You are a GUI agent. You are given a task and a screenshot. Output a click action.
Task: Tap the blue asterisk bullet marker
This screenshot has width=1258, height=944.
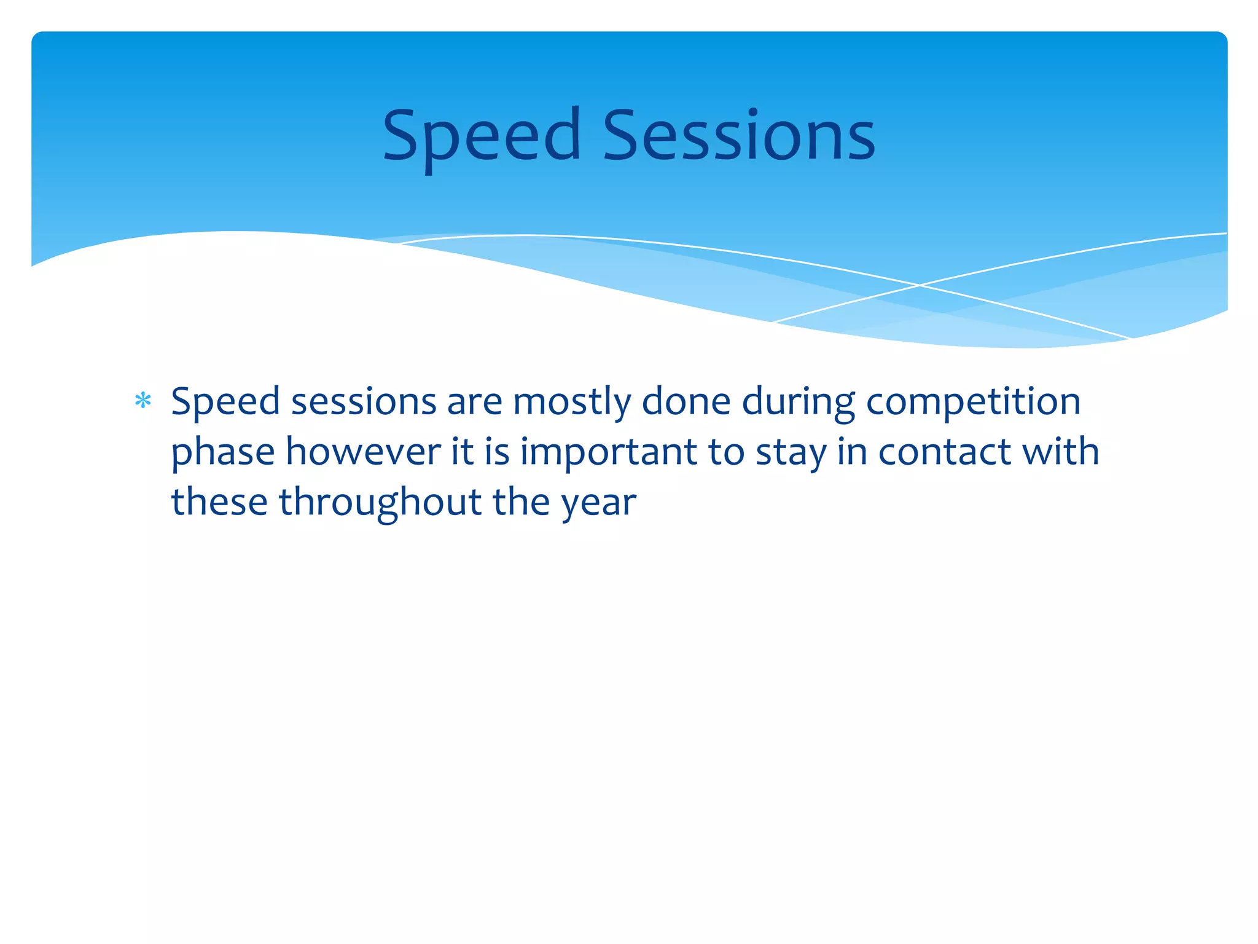tap(143, 401)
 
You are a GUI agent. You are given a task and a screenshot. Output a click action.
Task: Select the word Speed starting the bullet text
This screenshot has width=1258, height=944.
tap(225, 403)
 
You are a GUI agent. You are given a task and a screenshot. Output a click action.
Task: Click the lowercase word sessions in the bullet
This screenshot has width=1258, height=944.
tap(363, 403)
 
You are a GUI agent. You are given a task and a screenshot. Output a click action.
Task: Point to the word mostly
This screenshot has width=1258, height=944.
tap(572, 403)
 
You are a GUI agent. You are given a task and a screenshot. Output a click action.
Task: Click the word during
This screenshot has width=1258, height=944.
tap(798, 403)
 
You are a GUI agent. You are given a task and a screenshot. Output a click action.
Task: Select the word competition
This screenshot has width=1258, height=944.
tap(973, 403)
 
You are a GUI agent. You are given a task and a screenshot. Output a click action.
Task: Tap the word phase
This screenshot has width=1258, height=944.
tap(222, 453)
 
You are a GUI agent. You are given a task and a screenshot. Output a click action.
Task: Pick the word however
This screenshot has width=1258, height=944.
tap(363, 453)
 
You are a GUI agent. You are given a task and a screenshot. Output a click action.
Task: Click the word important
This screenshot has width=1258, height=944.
tap(608, 453)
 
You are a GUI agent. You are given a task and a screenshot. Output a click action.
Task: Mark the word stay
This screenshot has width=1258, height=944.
tap(791, 453)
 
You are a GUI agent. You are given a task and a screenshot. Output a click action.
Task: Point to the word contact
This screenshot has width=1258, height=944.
tap(944, 453)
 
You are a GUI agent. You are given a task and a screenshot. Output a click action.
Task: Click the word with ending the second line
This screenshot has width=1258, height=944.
tap(1060, 453)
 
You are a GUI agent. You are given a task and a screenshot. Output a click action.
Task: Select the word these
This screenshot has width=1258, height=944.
tap(219, 503)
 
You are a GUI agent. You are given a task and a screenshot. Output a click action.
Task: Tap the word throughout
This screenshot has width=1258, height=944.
tap(380, 503)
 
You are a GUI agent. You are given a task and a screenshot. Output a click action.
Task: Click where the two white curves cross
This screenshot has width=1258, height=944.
tap(920, 285)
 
